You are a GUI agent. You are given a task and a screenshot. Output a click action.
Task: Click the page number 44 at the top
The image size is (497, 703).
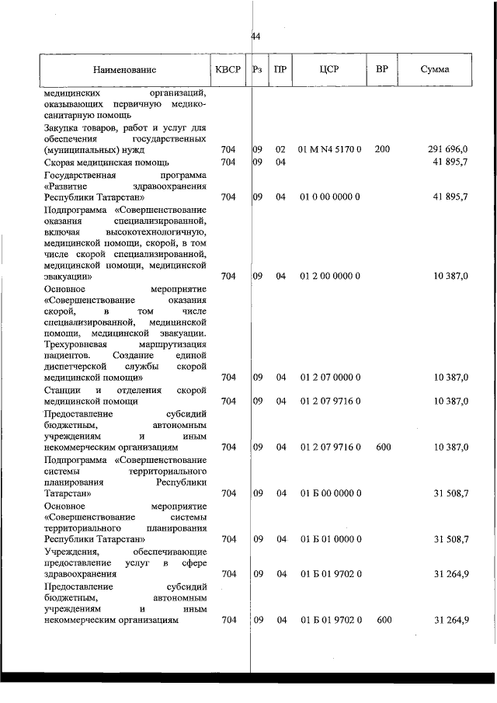pyautogui.click(x=255, y=37)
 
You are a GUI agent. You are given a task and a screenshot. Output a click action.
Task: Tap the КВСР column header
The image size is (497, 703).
pyautogui.click(x=228, y=69)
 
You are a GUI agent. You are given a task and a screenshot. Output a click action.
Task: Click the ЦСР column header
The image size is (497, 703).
pyautogui.click(x=329, y=69)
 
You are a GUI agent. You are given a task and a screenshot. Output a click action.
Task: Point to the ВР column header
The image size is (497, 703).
pyautogui.click(x=381, y=69)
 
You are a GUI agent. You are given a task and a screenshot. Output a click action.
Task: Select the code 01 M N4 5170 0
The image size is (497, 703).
pyautogui.click(x=330, y=149)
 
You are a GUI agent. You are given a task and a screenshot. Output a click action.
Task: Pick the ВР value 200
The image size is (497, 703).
pyautogui.click(x=382, y=149)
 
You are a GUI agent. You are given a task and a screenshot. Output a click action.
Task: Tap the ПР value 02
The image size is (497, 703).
pyautogui.click(x=281, y=149)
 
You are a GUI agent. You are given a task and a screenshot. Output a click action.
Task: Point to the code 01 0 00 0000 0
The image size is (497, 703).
pyautogui.click(x=330, y=197)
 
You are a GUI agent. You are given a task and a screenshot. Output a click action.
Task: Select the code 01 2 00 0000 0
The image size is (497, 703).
pyautogui.click(x=330, y=276)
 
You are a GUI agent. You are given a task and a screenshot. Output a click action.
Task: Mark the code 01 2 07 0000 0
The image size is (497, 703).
pyautogui.click(x=330, y=378)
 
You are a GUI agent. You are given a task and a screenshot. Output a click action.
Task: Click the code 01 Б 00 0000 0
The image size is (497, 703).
pyautogui.click(x=330, y=493)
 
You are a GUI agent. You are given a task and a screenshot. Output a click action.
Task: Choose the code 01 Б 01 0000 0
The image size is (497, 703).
pyautogui.click(x=330, y=539)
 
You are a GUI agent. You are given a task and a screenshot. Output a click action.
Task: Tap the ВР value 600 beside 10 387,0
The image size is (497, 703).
pyautogui.click(x=382, y=447)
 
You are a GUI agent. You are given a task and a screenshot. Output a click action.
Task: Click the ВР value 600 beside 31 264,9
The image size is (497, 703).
pyautogui.click(x=382, y=620)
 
